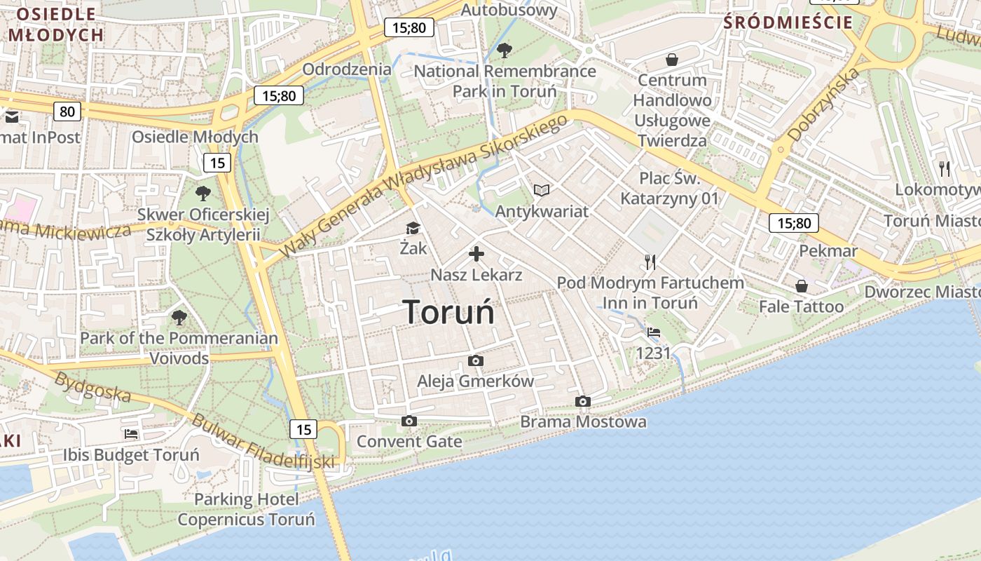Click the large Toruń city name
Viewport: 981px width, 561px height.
448,312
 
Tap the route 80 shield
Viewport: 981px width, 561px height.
67,111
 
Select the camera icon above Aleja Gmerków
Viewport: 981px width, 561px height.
476,361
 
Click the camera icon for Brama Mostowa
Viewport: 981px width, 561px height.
582,402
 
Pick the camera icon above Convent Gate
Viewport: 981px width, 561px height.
409,421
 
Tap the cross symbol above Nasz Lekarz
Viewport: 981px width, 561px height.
476,254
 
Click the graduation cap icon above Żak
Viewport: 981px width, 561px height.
413,228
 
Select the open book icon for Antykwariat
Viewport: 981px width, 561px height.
541,190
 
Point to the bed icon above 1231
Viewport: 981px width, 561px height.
653,332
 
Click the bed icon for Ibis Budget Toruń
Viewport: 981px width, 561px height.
131,435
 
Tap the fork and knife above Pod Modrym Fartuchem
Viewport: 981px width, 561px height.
650,262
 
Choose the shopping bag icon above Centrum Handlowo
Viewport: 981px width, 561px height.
671,60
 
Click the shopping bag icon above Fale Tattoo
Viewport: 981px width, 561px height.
801,286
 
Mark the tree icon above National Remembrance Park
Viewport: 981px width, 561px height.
504,50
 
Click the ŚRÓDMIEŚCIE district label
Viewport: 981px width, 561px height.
788,22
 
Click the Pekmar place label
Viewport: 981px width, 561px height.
828,251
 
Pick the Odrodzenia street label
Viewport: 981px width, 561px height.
347,69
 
